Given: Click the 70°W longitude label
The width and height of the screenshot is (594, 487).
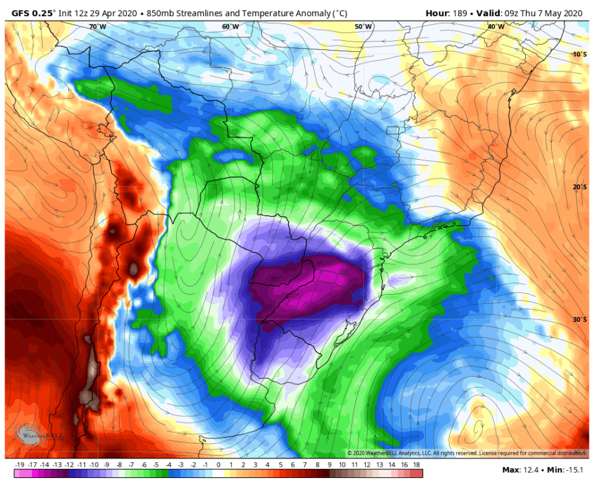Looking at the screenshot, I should tap(97, 27).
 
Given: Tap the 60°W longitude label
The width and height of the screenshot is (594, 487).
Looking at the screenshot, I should tap(230, 27).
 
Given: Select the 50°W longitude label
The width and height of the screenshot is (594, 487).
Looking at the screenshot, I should tap(363, 27).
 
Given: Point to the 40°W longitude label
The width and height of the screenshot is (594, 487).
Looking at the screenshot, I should tap(496, 27).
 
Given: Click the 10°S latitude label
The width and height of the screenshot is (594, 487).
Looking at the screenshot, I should tap(579, 55).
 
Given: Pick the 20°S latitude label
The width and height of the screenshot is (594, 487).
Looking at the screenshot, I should tap(579, 187).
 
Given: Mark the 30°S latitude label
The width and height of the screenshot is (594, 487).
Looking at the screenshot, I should tap(579, 319).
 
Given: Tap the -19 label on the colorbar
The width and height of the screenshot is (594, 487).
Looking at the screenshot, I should tap(19, 465).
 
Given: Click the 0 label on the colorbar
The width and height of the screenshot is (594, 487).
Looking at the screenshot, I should tap(218, 465).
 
